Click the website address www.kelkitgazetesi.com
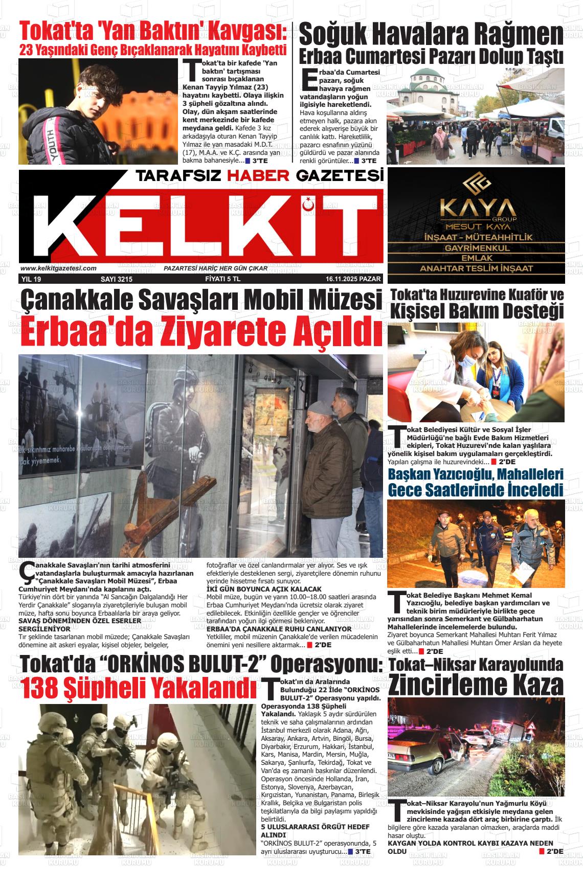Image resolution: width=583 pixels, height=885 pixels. coord(58,268)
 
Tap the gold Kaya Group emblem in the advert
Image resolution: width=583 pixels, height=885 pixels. coord(476,184)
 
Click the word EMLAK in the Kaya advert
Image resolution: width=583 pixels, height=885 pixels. coord(476,258)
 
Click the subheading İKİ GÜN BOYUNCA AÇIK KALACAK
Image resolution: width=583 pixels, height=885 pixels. coord(264,589)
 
